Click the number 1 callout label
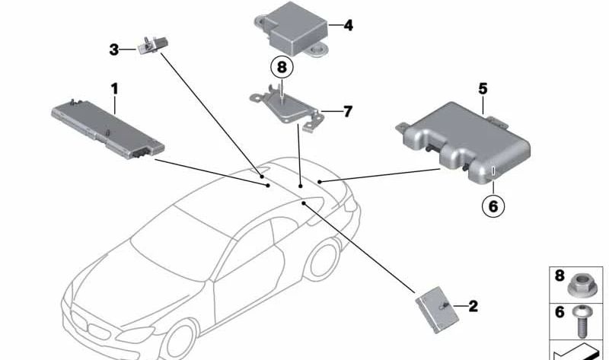[114, 89]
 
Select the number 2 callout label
[473, 307]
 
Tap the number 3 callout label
[113, 50]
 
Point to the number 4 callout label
[348, 26]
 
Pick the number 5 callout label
[483, 89]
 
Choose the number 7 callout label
[347, 112]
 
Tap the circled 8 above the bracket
[282, 67]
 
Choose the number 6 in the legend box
[560, 311]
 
